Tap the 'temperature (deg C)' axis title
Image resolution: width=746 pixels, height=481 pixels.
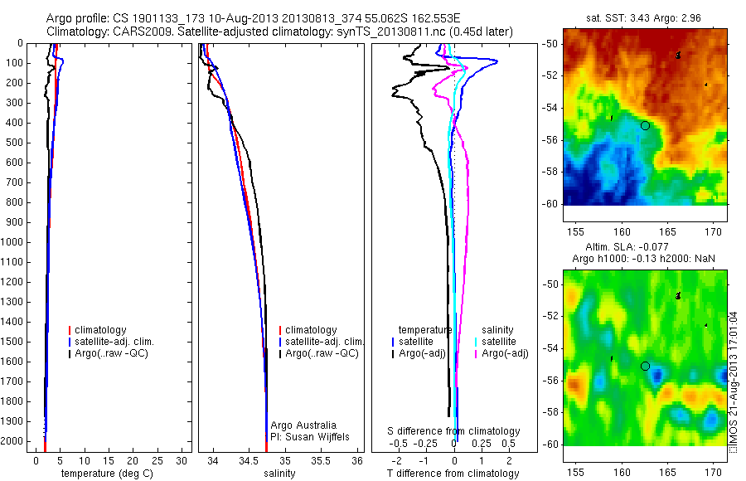click(104, 474)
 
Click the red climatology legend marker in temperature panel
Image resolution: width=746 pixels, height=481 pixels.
click(70, 330)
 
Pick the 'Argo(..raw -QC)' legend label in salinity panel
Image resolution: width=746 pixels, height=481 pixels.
click(321, 353)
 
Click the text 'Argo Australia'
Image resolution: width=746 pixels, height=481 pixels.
click(304, 425)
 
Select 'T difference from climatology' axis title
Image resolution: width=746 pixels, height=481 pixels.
click(453, 474)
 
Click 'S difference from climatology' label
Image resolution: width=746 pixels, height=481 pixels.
click(454, 431)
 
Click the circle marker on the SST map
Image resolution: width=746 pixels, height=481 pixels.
click(645, 125)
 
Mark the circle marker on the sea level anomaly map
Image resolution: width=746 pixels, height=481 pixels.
click(645, 366)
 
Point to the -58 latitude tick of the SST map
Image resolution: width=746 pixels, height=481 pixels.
click(552, 172)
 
